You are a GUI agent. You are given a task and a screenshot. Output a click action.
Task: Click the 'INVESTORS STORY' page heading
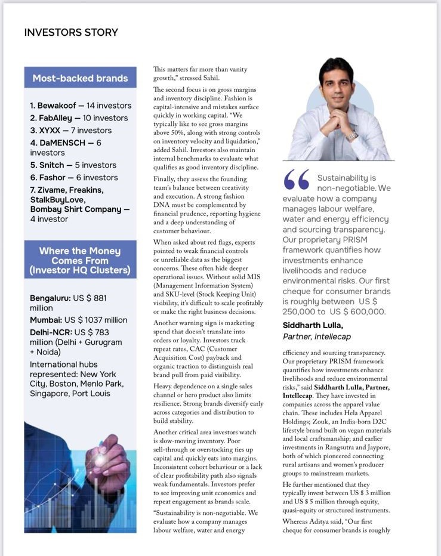click(71, 32)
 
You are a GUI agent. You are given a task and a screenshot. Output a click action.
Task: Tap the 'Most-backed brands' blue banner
click(80, 78)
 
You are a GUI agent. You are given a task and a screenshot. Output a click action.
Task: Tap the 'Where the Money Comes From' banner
click(80, 260)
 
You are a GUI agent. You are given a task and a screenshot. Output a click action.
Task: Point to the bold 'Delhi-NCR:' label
click(51, 332)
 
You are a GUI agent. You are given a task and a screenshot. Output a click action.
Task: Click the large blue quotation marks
click(297, 180)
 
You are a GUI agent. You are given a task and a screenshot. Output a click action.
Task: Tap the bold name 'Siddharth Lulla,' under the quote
click(313, 325)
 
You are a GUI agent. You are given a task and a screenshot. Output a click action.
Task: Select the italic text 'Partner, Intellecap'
click(316, 336)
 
